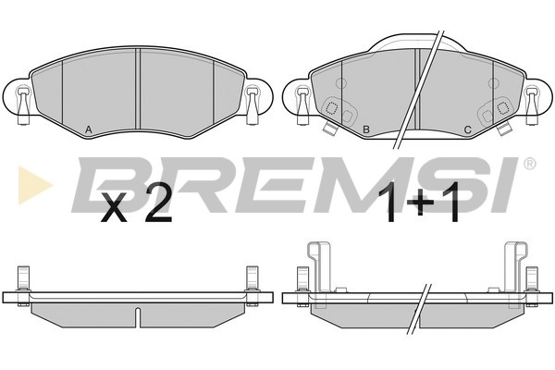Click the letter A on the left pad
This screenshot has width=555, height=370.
coord(89,129)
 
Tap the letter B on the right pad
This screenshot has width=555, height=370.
coord(366,129)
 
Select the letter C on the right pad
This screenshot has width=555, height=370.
coord(467,129)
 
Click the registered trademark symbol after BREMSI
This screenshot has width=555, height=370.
coord(529,164)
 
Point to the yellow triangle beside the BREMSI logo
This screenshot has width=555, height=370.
coord(33,185)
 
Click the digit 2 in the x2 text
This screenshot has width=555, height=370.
coord(158,203)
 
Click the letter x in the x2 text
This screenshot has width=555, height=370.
coord(114,209)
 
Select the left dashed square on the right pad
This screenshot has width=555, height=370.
coord(332,108)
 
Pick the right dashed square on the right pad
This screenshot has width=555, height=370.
coord(502,108)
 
